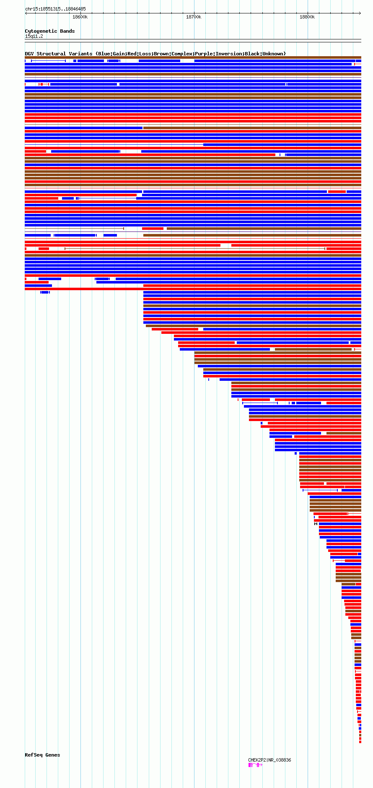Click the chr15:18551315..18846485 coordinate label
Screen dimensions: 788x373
pyautogui.click(x=55, y=9)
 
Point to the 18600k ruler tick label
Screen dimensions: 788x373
pyautogui.click(x=80, y=17)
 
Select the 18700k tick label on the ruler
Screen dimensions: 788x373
pyautogui.click(x=194, y=17)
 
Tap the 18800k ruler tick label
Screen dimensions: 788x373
pyautogui.click(x=307, y=17)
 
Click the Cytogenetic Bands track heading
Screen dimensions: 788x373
pyautogui.click(x=49, y=31)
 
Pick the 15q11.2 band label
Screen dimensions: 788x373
pyautogui.click(x=34, y=36)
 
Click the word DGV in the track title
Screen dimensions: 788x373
pyautogui.click(x=29, y=54)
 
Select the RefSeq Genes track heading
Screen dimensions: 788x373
pyautogui.click(x=42, y=755)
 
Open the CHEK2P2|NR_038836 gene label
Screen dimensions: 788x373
pyautogui.click(x=269, y=760)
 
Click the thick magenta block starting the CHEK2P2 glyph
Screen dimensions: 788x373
pyautogui.click(x=250, y=765)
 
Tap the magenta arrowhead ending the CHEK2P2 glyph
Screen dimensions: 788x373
pyautogui.click(x=261, y=765)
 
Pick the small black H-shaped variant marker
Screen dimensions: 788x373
pyautogui.click(x=316, y=524)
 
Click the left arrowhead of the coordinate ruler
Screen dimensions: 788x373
pyautogui.click(x=26, y=13)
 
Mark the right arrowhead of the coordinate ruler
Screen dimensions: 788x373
pyautogui.click(x=360, y=13)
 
